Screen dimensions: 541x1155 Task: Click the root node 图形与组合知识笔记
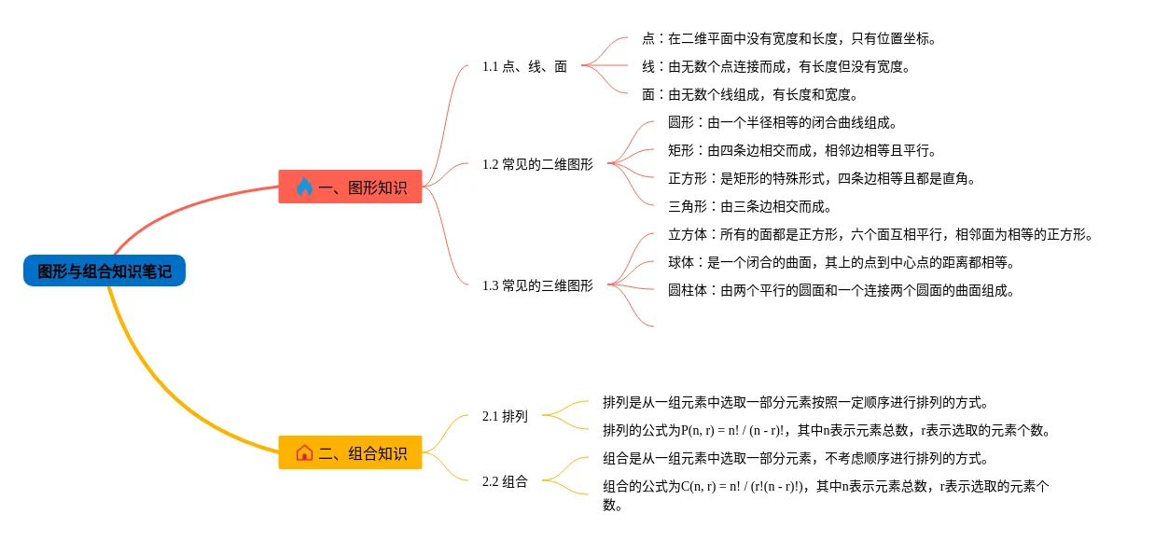click(104, 271)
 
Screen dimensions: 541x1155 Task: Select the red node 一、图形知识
click(351, 187)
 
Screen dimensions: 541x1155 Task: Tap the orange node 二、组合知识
click(351, 453)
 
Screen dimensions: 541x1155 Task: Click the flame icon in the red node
click(304, 187)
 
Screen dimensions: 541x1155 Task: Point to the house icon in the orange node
click(304, 453)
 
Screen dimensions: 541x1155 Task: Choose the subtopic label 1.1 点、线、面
click(524, 66)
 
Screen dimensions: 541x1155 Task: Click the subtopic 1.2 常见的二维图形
click(537, 164)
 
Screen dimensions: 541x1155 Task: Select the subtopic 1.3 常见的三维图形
click(537, 285)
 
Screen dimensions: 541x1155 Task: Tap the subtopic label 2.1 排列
click(505, 416)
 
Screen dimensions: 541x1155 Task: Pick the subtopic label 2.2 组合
click(505, 481)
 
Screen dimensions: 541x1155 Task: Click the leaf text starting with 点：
click(789, 38)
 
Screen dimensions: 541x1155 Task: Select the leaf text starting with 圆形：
click(783, 122)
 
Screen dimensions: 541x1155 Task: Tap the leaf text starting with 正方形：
click(822, 178)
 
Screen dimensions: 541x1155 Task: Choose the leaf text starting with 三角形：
click(750, 206)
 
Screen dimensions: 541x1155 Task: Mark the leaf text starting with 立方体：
click(881, 234)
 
